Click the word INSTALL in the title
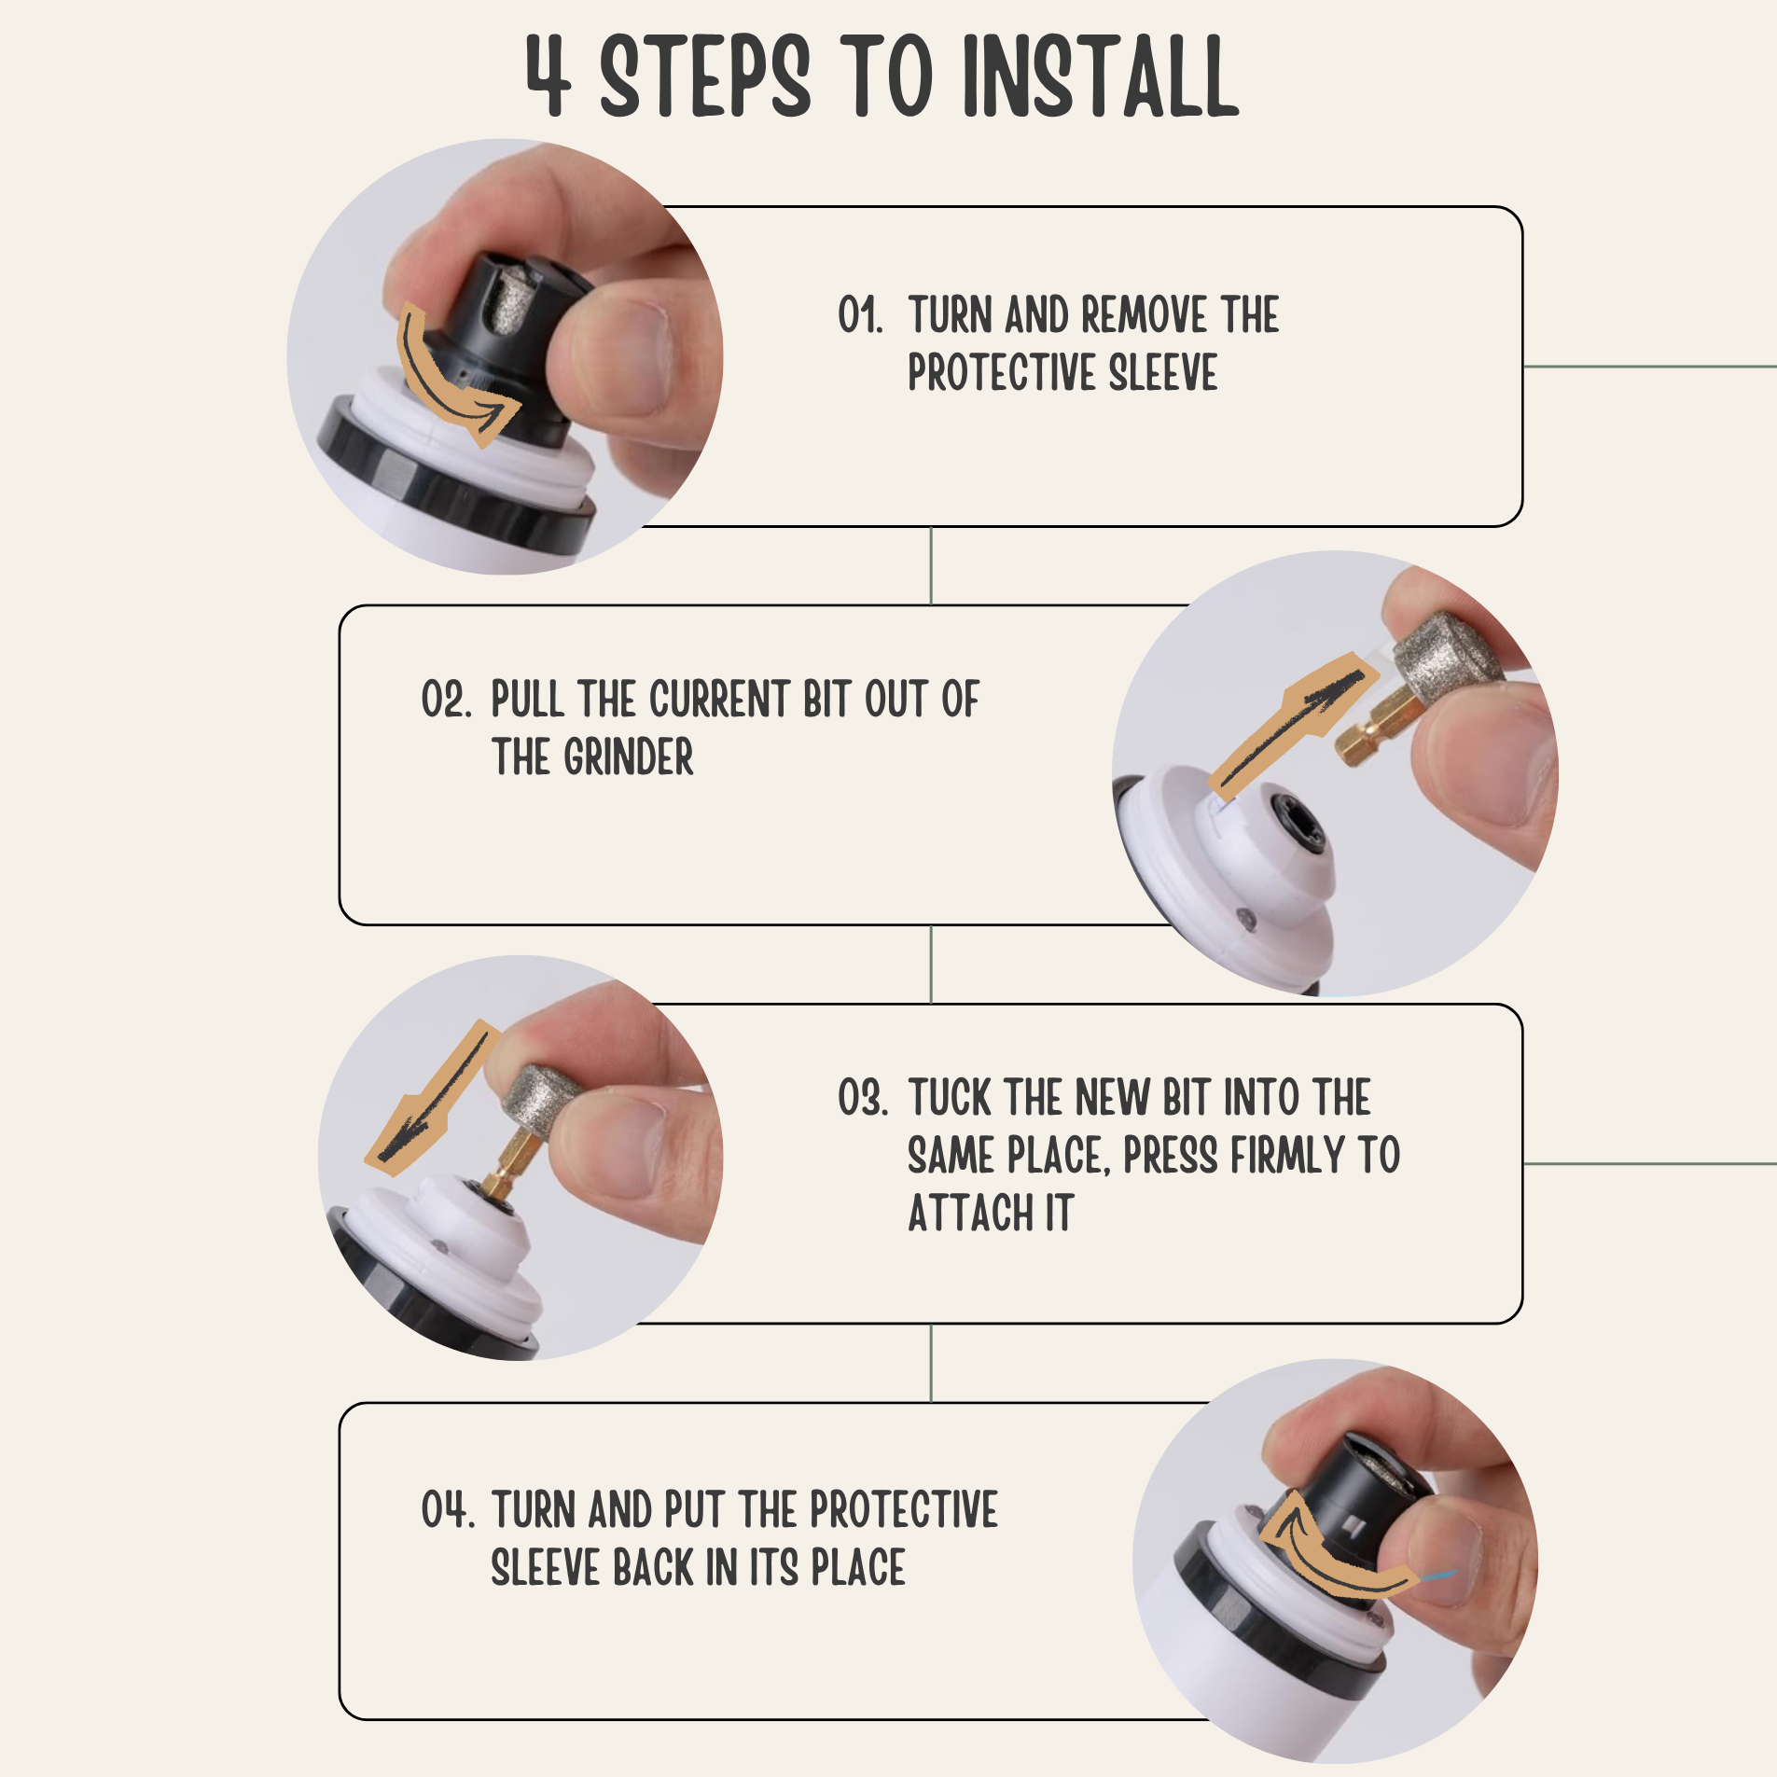click(1101, 76)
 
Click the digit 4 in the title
click(548, 76)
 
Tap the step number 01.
click(859, 315)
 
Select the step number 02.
click(446, 699)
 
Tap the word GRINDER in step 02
click(629, 757)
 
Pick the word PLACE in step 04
click(858, 1567)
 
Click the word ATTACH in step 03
click(970, 1214)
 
